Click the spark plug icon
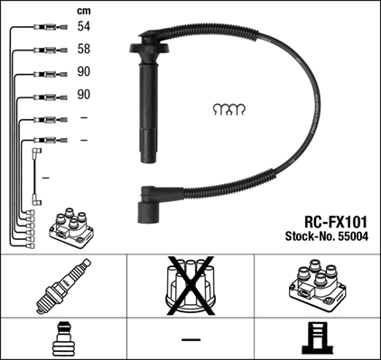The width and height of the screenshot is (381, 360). click(x=63, y=285)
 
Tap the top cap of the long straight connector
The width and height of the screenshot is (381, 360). click(x=150, y=42)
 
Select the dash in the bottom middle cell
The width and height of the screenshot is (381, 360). click(x=190, y=339)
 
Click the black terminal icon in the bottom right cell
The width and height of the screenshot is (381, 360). click(x=317, y=338)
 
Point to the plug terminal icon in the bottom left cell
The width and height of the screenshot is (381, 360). click(x=63, y=338)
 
